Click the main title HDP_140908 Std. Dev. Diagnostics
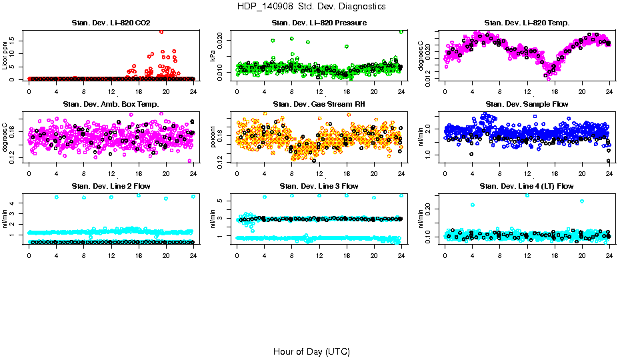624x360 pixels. tap(311, 7)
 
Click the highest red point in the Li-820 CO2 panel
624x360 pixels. tap(161, 31)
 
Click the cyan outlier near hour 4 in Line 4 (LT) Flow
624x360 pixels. tap(472, 205)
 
